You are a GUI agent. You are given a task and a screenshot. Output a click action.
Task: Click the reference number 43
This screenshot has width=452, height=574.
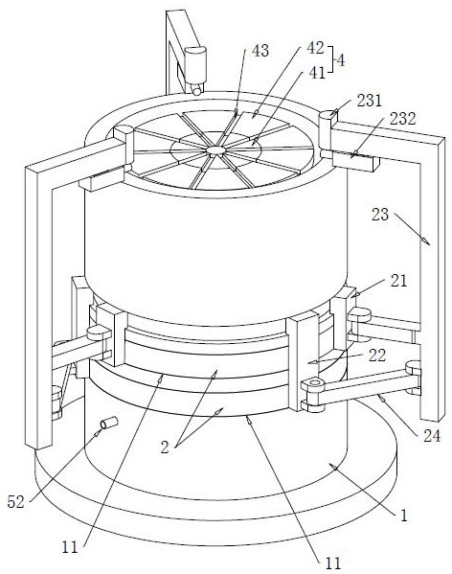260,51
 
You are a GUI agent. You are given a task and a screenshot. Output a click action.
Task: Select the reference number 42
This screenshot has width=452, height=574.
315,48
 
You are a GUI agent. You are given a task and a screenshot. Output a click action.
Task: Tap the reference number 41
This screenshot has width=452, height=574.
317,73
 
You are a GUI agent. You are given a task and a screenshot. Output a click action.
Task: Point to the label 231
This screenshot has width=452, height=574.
370,101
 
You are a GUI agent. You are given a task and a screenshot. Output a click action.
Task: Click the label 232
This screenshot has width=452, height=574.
403,119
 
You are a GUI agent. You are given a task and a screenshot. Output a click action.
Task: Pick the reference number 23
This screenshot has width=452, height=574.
380,214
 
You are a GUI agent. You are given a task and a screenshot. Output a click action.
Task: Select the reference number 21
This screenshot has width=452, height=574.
398,281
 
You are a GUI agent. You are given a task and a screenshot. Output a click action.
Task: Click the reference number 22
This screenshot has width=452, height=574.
377,356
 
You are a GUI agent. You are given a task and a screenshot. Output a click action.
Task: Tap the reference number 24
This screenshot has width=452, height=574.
432,436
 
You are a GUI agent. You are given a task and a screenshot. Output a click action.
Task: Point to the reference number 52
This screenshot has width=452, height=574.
15,502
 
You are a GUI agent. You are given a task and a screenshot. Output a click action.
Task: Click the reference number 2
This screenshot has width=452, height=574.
165,448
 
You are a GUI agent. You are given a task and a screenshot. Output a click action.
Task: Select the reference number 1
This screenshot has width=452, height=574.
404,516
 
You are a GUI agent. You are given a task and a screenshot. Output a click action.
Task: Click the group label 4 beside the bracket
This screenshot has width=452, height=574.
341,60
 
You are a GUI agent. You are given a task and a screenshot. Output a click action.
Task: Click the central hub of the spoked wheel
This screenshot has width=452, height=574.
215,150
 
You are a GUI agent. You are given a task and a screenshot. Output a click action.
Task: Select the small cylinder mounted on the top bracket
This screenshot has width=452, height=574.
195,65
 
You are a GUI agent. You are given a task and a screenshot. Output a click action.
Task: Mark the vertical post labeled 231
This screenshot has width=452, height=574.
325,133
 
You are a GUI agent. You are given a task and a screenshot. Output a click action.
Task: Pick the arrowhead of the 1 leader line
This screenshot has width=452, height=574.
331,466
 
